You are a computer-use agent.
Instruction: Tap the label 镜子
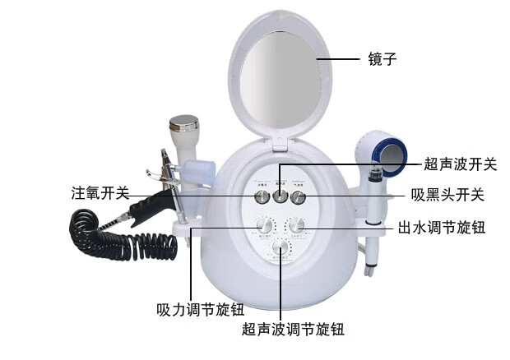(382, 60)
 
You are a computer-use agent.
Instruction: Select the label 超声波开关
(461, 164)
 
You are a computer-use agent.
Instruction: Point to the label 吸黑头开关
(447, 196)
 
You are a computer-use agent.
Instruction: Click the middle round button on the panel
(280, 196)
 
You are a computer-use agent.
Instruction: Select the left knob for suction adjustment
(265, 224)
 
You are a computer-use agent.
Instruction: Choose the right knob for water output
(296, 224)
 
